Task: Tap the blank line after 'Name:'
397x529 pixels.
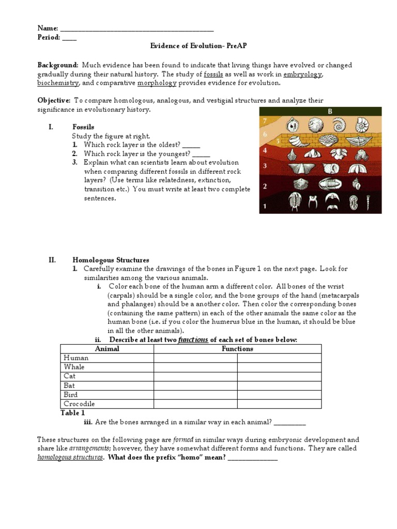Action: (137, 28)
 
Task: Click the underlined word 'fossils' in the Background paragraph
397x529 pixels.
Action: (213, 74)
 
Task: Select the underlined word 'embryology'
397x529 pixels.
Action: (302, 74)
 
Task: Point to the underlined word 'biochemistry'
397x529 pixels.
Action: (58, 83)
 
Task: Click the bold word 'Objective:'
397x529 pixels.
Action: (54, 100)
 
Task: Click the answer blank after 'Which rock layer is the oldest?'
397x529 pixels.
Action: (191, 145)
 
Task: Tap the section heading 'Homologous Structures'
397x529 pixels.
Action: (111, 260)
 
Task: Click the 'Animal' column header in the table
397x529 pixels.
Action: (107, 349)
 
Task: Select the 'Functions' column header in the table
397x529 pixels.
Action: (237, 349)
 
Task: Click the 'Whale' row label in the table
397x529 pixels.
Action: (74, 367)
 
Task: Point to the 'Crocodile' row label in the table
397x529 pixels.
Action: (79, 404)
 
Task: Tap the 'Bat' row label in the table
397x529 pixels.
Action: (69, 385)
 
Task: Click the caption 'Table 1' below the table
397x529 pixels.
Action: (72, 413)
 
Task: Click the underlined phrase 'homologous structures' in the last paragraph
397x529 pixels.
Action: (70, 458)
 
